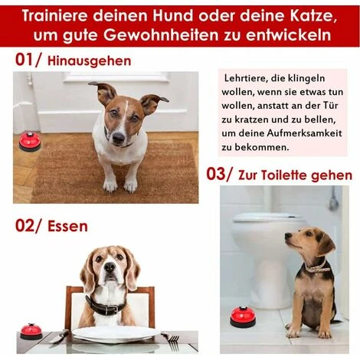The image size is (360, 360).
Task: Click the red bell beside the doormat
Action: [x=30, y=142]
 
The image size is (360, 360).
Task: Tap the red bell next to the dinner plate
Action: [x=31, y=331]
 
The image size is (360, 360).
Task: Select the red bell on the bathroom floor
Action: [x=243, y=317]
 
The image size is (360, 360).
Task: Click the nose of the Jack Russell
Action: [x=118, y=138]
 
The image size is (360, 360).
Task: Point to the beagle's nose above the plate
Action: [x=110, y=267]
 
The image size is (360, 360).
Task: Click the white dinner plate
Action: [x=116, y=334]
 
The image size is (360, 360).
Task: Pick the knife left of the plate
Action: [x=59, y=336]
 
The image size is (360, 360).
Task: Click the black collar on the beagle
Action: [x=105, y=306]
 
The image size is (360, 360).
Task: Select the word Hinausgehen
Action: [x=89, y=61]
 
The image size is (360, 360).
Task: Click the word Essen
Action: [x=67, y=227]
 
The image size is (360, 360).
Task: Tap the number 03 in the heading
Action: [x=216, y=174]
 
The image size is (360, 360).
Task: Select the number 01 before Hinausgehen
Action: [x=25, y=60]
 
